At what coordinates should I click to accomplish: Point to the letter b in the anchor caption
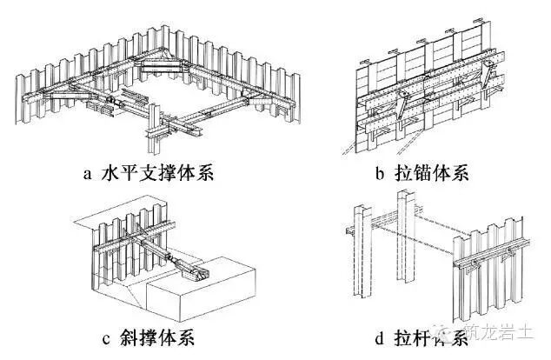tap(380, 172)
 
